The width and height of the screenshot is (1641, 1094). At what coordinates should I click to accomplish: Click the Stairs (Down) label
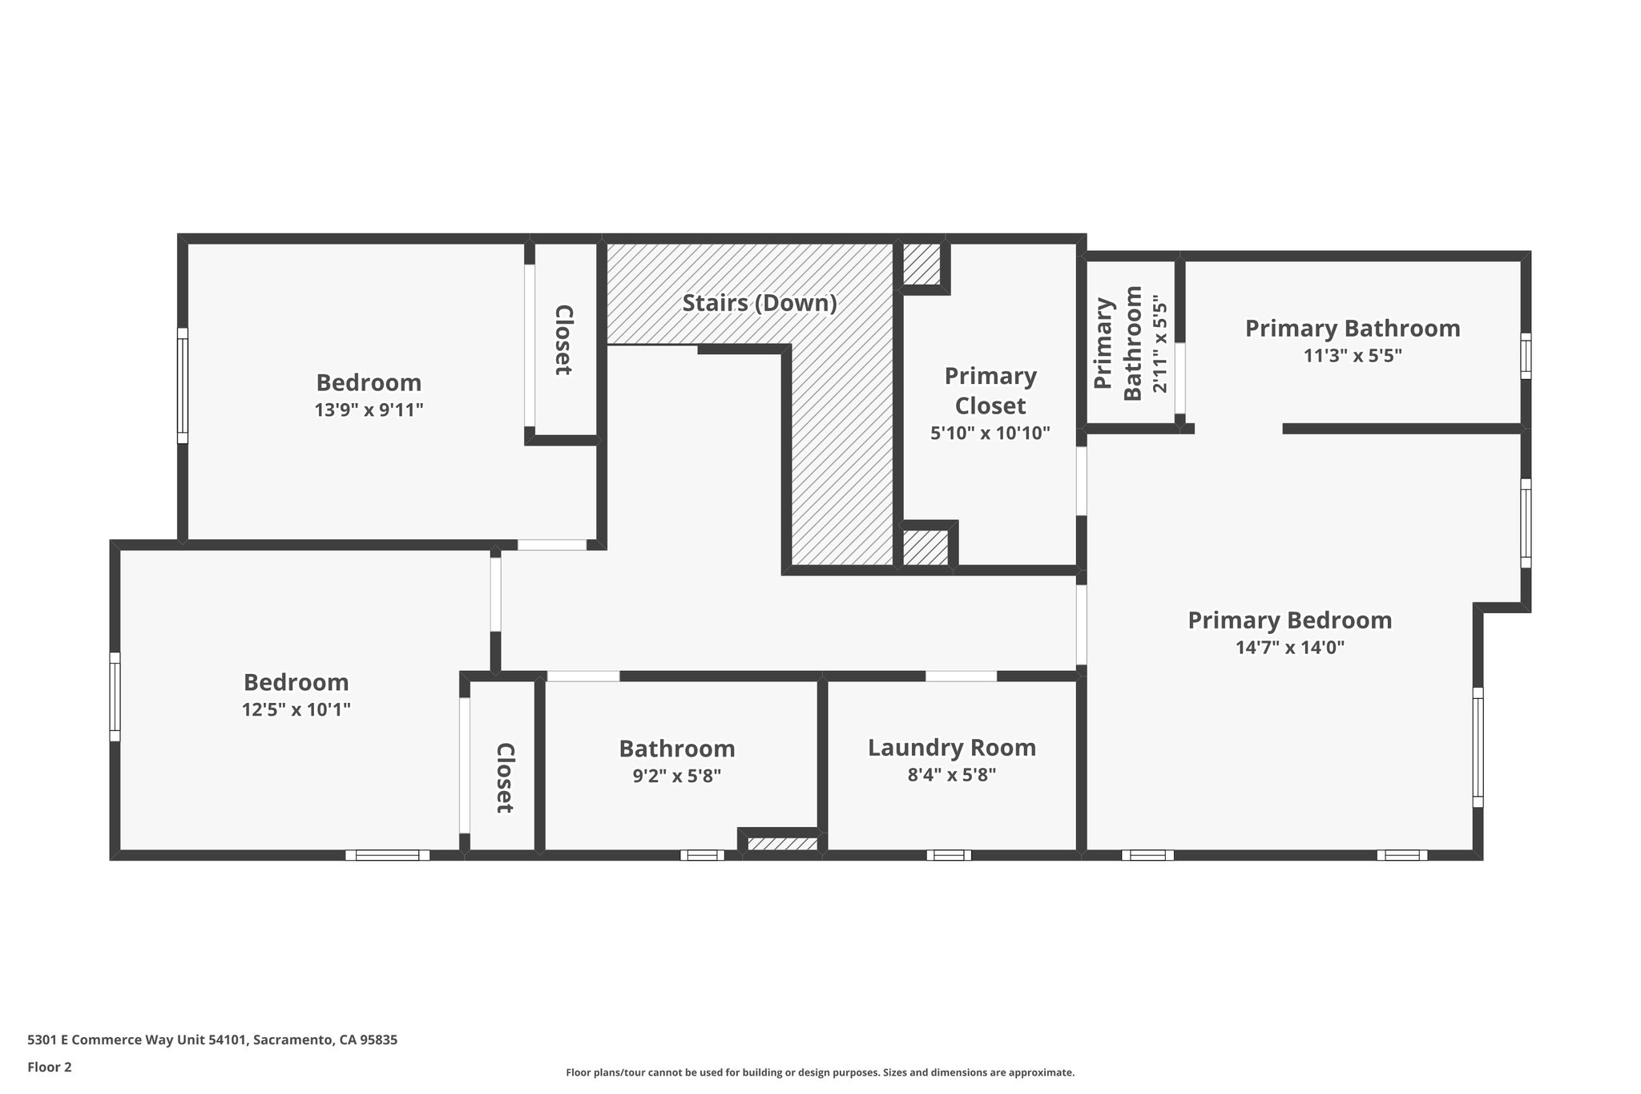[x=759, y=303]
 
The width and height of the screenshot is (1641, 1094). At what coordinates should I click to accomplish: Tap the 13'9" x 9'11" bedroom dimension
[x=369, y=410]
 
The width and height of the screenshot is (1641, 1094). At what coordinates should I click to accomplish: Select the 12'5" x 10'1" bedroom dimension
[x=296, y=710]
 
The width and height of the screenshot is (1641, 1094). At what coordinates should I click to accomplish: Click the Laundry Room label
[x=951, y=748]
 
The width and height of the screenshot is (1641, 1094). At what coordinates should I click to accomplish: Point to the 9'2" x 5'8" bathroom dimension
[x=676, y=776]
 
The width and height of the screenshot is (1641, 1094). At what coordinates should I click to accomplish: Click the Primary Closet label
[x=990, y=390]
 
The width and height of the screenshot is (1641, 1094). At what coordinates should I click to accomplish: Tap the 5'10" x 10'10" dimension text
[x=990, y=434]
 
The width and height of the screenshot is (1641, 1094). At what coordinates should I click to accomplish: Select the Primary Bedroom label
[x=1289, y=620]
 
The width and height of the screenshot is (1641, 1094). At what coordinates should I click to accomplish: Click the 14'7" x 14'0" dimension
[x=1289, y=648]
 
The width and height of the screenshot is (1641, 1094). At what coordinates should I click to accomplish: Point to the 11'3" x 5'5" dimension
[x=1353, y=356]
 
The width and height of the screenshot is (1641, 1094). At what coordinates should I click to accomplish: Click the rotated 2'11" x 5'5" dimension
[x=1159, y=344]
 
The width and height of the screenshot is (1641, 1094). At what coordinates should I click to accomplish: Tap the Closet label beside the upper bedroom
[x=564, y=340]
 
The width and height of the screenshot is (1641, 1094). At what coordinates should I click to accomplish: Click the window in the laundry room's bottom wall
[x=949, y=855]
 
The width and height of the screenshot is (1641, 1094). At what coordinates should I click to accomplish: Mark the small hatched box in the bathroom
[x=782, y=844]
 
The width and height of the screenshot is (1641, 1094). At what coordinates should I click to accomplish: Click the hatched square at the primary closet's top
[x=921, y=263]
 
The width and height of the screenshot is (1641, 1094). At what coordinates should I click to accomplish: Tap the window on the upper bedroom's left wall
[x=183, y=386]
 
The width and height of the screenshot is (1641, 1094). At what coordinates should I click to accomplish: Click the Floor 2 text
[x=50, y=1067]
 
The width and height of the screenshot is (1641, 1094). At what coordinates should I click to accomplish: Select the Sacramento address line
[x=212, y=1040]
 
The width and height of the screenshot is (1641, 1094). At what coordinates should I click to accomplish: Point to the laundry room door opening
[x=961, y=676]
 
